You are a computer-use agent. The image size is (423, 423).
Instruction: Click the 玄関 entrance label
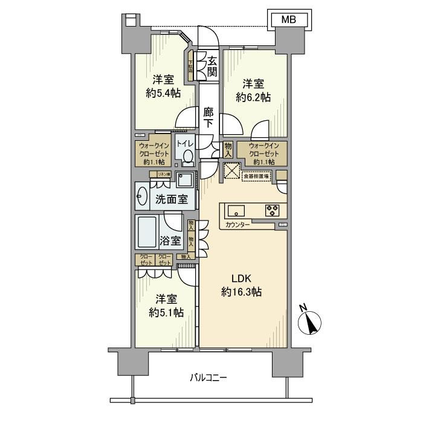(x=212, y=66)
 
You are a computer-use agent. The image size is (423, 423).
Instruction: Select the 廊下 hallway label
(x=208, y=117)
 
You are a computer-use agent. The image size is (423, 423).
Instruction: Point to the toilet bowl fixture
(x=187, y=157)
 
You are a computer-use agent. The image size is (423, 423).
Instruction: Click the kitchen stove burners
(x=272, y=210)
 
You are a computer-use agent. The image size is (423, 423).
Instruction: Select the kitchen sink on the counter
(x=235, y=210)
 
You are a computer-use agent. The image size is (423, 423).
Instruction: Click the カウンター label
(x=238, y=225)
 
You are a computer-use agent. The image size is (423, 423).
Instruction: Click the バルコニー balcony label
(x=208, y=378)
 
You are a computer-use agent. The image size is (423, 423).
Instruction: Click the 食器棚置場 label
(x=256, y=175)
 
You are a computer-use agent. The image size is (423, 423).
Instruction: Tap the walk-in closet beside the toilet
(x=153, y=154)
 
